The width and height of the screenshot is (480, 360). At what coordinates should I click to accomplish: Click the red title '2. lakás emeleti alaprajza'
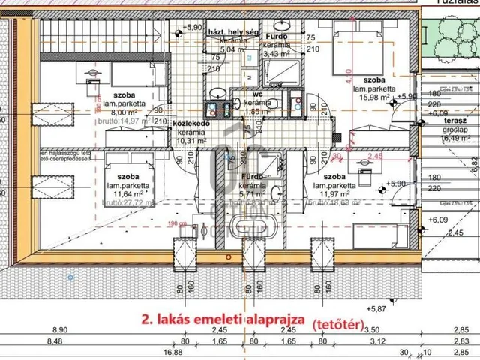[x=222, y=318]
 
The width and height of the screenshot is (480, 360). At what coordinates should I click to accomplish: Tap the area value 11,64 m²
[x=124, y=193]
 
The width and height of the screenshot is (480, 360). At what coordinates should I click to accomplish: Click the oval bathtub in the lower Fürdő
[x=242, y=229]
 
